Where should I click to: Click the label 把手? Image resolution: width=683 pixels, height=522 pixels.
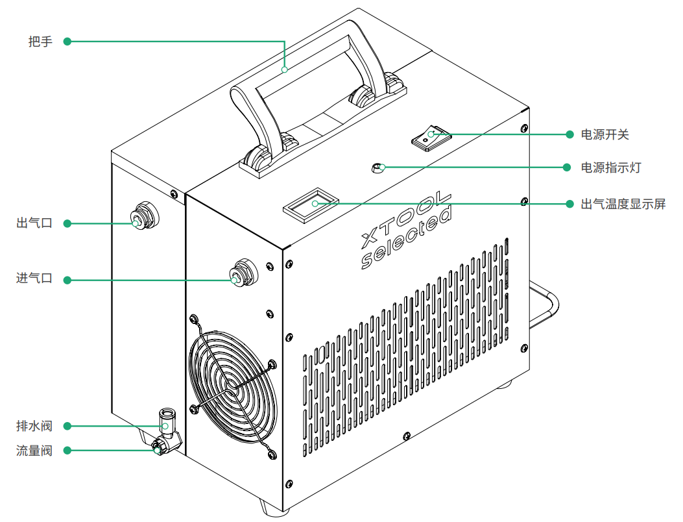coord(40,42)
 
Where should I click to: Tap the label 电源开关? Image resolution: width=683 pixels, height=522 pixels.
coord(605,135)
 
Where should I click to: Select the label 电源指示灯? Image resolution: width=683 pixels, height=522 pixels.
coord(611,168)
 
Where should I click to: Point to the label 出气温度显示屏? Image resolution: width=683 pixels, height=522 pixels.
coord(623,204)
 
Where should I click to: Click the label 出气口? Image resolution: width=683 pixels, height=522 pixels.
coord(34,223)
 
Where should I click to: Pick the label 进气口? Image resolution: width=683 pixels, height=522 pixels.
coord(34,279)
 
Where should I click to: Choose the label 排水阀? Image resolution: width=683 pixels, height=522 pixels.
coord(34,427)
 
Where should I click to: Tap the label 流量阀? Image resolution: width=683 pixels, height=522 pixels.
coord(34,450)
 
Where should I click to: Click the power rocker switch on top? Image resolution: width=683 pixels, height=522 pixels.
coord(430,137)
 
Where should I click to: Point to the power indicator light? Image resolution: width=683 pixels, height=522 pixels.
coord(377,168)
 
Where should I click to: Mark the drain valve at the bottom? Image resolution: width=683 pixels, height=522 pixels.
coord(166,427)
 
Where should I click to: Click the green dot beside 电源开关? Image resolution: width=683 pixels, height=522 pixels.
coord(569,134)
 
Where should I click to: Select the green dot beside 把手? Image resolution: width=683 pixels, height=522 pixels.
coord(67,42)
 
